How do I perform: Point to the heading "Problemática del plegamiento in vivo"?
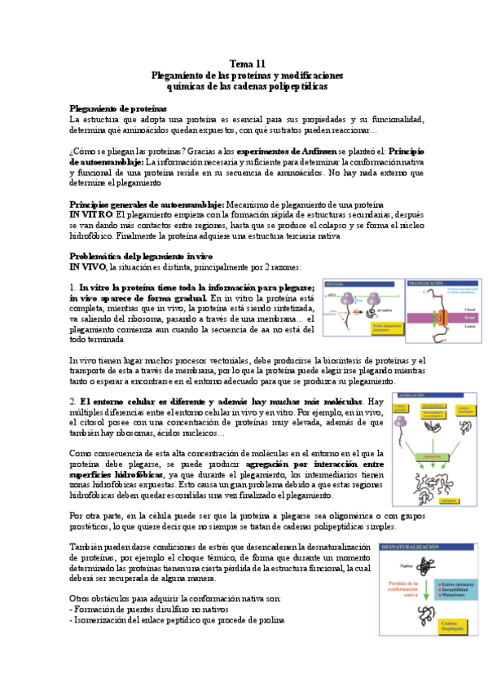[x=140, y=256]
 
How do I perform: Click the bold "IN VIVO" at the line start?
[x=88, y=266]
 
